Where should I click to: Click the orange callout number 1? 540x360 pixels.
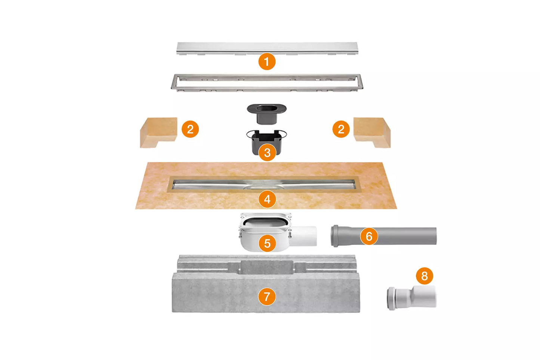pyautogui.click(x=267, y=62)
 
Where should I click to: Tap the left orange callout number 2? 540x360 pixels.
pyautogui.click(x=190, y=129)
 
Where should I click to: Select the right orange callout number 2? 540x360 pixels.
pyautogui.click(x=341, y=129)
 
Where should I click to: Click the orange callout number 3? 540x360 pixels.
pyautogui.click(x=267, y=152)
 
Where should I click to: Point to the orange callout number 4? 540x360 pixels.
pyautogui.click(x=267, y=199)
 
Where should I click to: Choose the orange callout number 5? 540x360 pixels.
pyautogui.click(x=267, y=243)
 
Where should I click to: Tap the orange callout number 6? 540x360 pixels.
pyautogui.click(x=369, y=236)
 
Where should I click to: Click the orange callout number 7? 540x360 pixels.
pyautogui.click(x=267, y=297)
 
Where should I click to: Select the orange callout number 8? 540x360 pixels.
pyautogui.click(x=425, y=276)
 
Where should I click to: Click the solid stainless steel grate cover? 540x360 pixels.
pyautogui.click(x=224, y=47)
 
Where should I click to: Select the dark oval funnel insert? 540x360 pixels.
pyautogui.click(x=266, y=112)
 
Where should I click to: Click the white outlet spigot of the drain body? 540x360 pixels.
pyautogui.click(x=305, y=236)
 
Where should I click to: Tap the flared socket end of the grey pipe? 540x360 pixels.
pyautogui.click(x=335, y=236)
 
